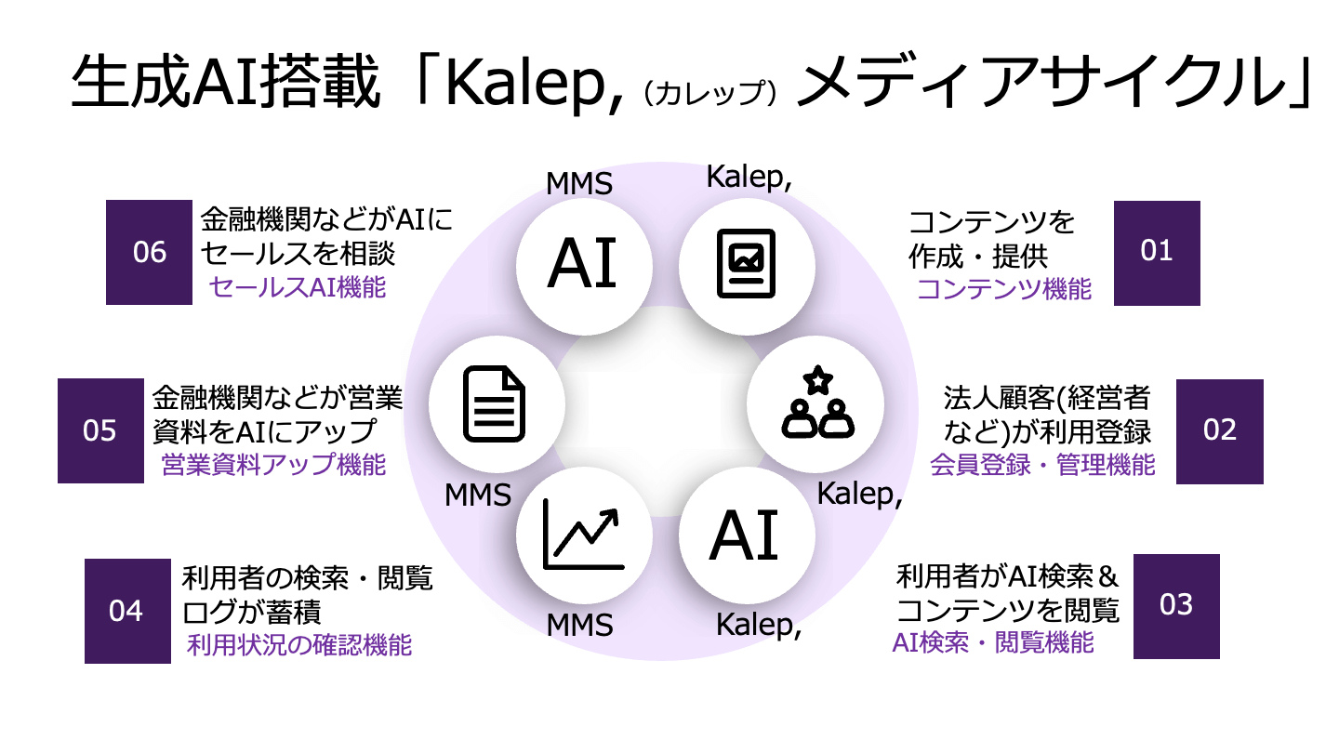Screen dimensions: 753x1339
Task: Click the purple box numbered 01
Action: [1157, 253]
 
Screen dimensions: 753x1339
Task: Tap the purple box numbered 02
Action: [1219, 431]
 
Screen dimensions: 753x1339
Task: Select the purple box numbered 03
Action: [1176, 606]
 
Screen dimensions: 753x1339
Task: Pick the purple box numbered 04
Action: [127, 611]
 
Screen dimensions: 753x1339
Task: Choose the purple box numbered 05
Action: [100, 431]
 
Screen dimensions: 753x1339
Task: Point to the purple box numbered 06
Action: [149, 253]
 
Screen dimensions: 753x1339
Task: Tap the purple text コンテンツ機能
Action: [1004, 289]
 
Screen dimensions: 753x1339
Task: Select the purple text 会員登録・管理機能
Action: [1042, 464]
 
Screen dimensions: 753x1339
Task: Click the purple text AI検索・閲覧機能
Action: [993, 641]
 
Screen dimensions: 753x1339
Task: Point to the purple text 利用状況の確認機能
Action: [299, 644]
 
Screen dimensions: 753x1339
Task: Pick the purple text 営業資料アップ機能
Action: [273, 465]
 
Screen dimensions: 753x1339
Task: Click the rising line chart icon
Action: [584, 535]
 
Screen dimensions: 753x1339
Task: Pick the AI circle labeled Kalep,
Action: [747, 536]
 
